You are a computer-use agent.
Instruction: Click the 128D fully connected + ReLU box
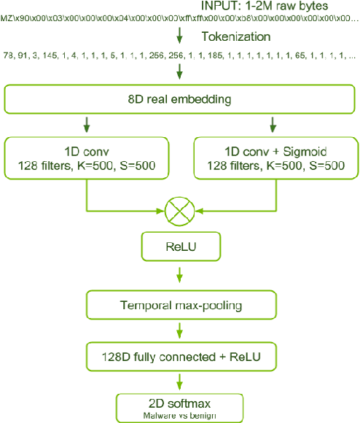179,357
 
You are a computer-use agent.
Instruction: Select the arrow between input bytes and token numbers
179,35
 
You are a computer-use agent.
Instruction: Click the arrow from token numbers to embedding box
179,71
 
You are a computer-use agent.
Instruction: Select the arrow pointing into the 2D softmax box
179,382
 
